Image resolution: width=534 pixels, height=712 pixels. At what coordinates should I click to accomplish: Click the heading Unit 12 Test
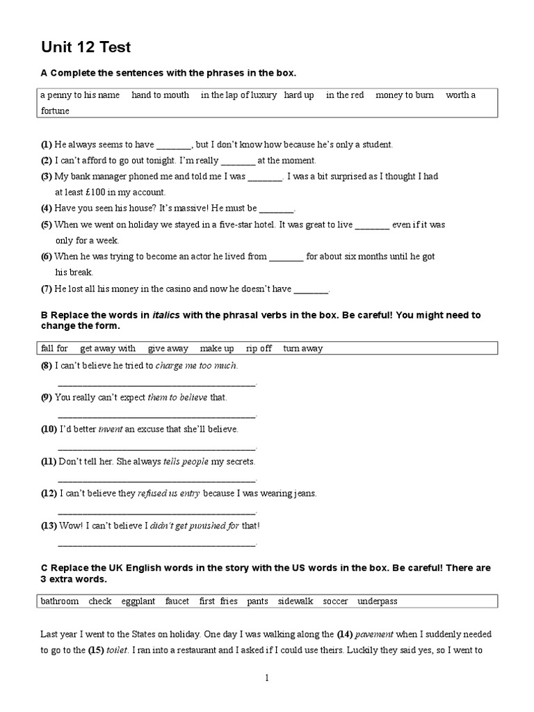tap(86, 47)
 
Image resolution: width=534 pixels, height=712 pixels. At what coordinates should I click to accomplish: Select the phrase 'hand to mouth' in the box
tap(160, 95)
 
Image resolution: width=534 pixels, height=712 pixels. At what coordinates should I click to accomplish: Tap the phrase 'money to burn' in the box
tap(405, 95)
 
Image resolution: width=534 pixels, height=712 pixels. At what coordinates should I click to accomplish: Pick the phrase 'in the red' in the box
tap(345, 95)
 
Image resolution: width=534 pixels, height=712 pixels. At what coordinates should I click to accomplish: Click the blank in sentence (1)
tap(174, 145)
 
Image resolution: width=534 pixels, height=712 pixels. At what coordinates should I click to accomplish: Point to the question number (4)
tap(47, 208)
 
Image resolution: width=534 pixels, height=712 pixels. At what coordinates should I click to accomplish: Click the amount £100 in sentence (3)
tap(103, 193)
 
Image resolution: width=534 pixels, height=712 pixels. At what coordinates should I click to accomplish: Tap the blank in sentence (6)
tap(286, 257)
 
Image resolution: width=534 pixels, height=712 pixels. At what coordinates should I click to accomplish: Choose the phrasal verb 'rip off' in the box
tap(259, 348)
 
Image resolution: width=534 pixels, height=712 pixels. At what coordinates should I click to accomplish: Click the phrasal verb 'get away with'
tap(108, 348)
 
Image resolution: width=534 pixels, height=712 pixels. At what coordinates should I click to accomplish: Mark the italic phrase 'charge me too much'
tap(196, 365)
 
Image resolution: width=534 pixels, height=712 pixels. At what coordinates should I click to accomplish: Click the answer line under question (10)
tap(156, 446)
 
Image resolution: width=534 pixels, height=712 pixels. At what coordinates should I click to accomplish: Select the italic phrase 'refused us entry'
tap(169, 493)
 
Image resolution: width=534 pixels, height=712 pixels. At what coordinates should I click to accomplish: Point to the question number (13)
tap(49, 525)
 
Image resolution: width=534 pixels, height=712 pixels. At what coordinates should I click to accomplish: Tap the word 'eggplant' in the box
tap(138, 601)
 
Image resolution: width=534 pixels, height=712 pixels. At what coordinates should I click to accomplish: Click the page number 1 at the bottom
tap(266, 677)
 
